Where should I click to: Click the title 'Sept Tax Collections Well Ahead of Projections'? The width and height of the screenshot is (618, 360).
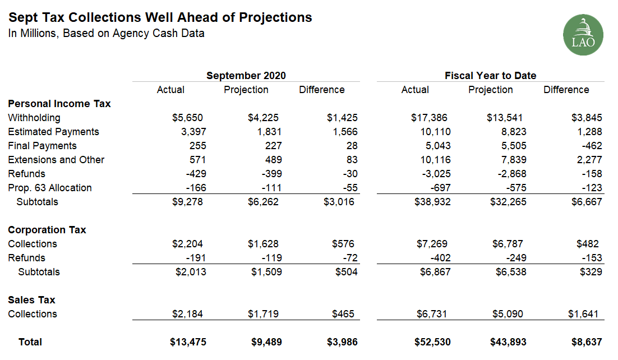[160, 17]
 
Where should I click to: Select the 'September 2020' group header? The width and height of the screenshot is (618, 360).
[246, 76]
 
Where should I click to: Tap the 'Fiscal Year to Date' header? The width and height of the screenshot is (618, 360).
[490, 76]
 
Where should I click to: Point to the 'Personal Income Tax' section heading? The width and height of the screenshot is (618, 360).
[59, 104]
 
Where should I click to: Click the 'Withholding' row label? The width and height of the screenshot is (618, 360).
[34, 118]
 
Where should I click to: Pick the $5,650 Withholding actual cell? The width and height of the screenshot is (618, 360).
[187, 118]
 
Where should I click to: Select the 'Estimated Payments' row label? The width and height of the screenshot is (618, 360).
[53, 132]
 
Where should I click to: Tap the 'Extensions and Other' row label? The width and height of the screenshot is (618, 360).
[56, 160]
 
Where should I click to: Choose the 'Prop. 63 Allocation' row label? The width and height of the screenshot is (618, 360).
[50, 188]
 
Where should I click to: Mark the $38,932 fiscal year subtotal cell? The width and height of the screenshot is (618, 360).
[432, 202]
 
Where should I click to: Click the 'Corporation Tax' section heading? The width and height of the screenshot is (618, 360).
[47, 230]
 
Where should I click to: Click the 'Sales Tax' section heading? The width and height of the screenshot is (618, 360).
[31, 300]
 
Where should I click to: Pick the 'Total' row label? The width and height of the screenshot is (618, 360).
[30, 342]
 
